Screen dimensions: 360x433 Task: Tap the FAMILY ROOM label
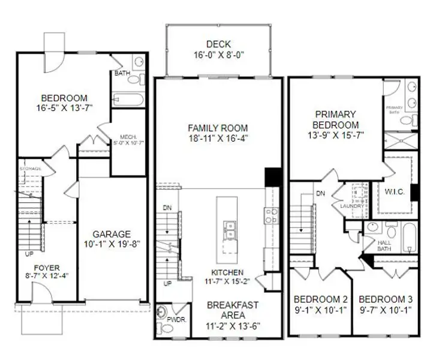click(x=217, y=128)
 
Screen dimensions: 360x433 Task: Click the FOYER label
click(x=46, y=268)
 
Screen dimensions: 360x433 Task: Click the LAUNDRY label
click(x=352, y=206)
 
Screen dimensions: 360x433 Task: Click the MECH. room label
click(x=129, y=136)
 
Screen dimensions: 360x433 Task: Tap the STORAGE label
click(x=30, y=169)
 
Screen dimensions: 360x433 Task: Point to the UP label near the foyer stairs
click(x=29, y=254)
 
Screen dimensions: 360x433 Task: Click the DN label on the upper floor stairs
click(x=320, y=194)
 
